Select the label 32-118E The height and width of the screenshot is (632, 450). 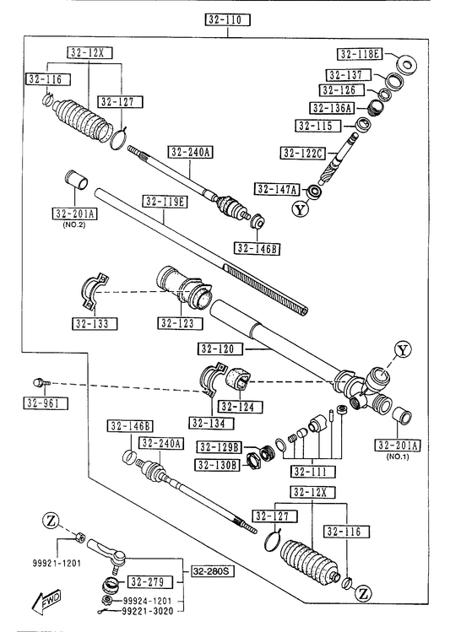click(360, 54)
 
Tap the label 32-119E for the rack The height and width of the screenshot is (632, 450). click(165, 201)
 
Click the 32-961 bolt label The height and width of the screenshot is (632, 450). click(46, 403)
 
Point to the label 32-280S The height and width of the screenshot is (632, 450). click(210, 571)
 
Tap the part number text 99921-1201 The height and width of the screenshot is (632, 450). click(57, 563)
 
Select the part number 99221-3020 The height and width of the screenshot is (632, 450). click(148, 612)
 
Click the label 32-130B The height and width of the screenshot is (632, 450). click(217, 465)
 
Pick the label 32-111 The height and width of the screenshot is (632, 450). click(313, 471)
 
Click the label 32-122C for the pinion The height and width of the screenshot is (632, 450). click(303, 154)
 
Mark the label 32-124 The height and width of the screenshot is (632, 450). click(241, 407)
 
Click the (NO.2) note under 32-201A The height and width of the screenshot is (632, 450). click(74, 225)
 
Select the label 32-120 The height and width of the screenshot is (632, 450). click(220, 348)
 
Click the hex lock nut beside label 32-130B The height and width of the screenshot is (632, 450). click(252, 460)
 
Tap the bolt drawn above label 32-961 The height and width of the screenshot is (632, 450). click(41, 381)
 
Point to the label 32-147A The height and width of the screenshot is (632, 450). click(278, 189)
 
